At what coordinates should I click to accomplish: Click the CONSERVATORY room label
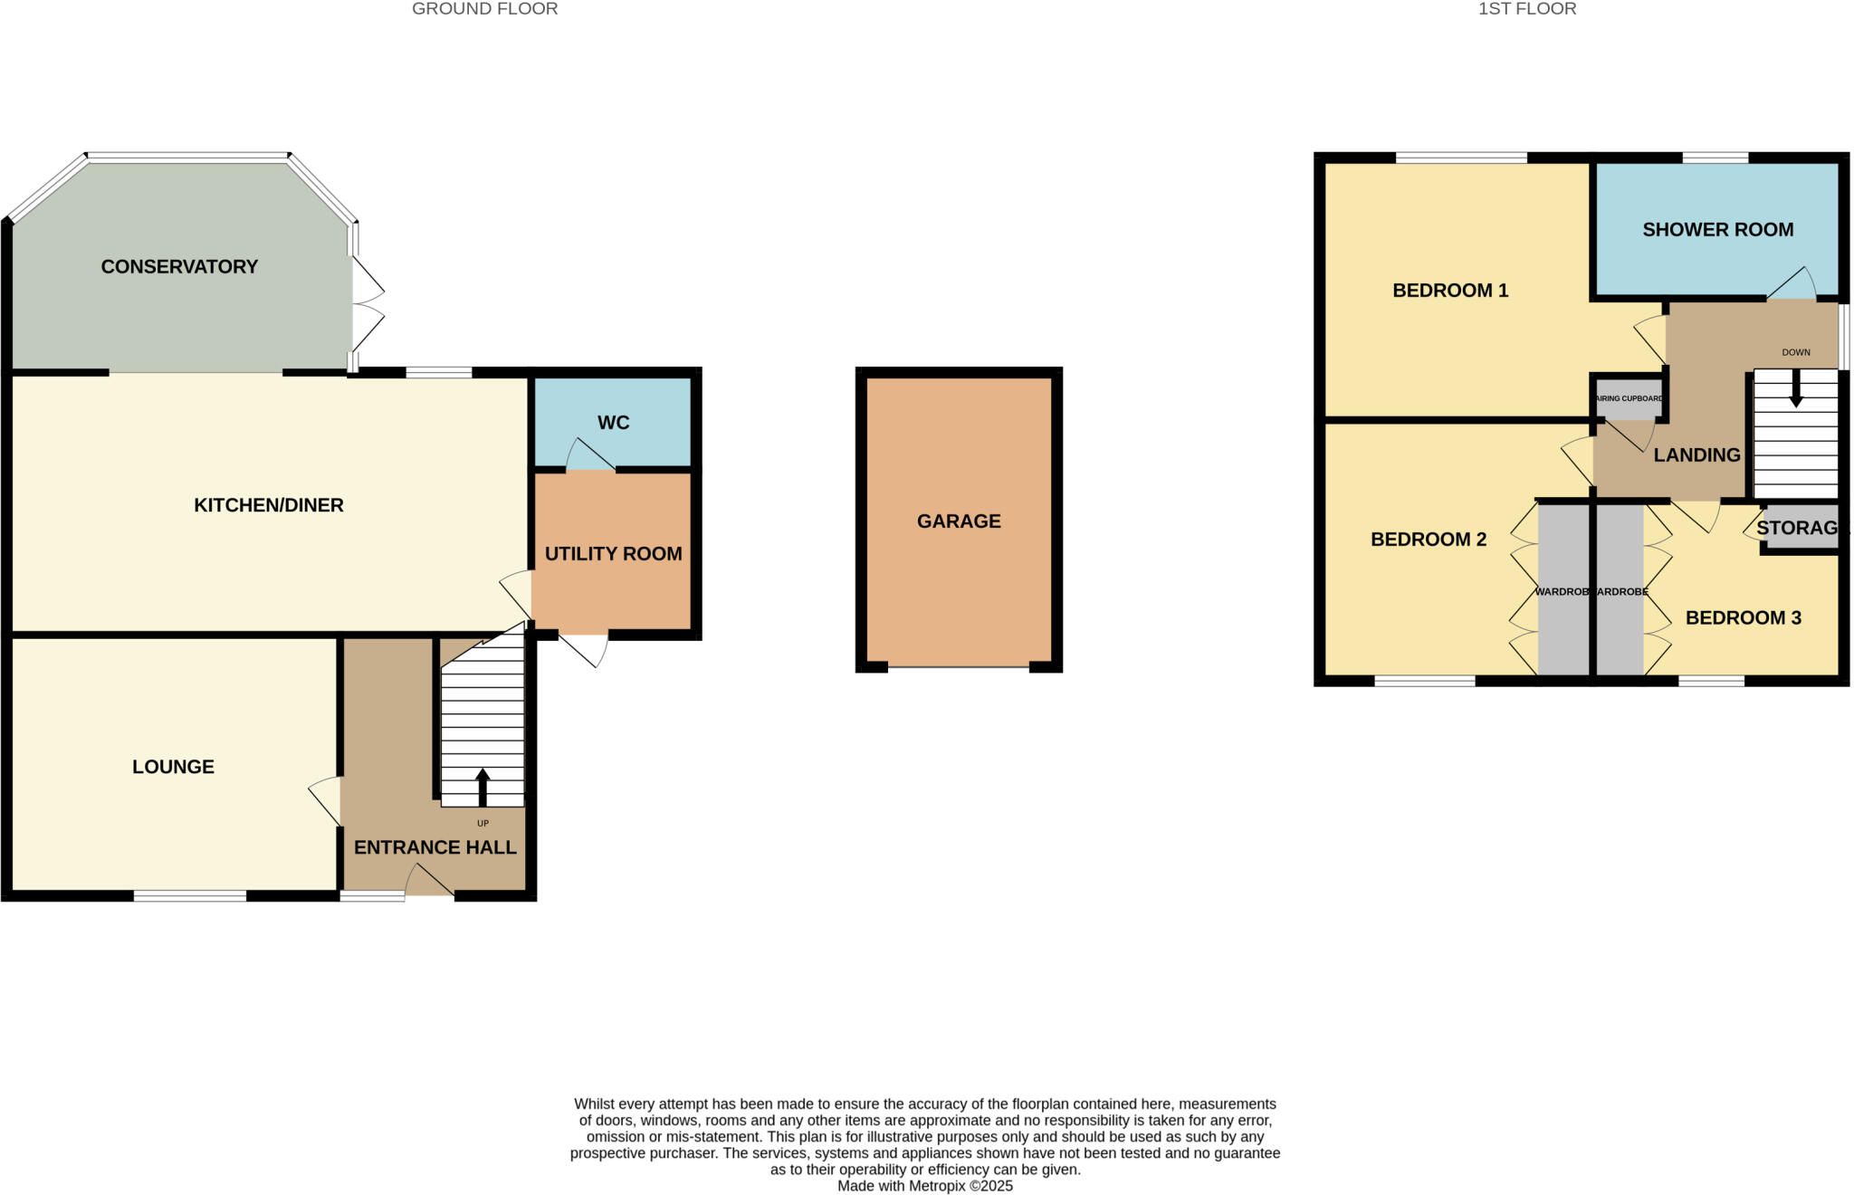point(179,266)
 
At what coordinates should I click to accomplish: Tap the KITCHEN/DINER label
point(269,505)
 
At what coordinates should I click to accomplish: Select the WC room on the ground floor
point(613,423)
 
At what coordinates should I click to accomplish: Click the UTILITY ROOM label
point(613,553)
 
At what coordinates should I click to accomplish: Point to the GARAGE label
point(959,521)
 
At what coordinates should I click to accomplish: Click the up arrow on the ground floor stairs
point(483,787)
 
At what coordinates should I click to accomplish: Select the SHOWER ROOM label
point(1717,230)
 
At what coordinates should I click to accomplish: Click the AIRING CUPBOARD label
point(1629,398)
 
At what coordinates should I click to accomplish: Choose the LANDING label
point(1696,455)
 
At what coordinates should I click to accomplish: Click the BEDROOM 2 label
point(1429,540)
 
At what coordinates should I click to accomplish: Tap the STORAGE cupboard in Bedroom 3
point(1798,528)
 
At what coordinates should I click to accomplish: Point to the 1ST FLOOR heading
point(1527,9)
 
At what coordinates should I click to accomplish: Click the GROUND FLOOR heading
point(484,9)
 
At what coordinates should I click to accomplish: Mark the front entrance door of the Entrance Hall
point(430,883)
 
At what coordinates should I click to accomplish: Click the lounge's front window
point(190,896)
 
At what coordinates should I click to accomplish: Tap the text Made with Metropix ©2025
point(924,1186)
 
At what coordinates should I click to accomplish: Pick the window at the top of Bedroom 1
point(1461,158)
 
